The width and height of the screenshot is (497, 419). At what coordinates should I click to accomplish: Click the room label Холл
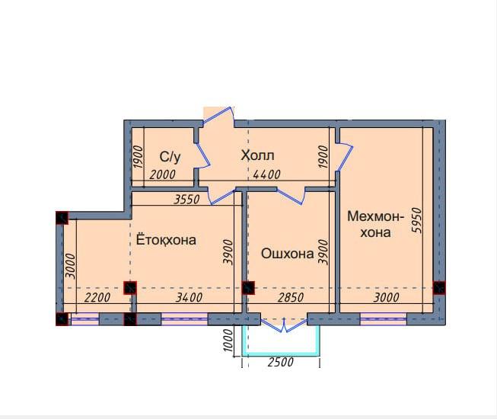point(257,155)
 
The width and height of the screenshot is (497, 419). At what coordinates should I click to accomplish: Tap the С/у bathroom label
point(170,157)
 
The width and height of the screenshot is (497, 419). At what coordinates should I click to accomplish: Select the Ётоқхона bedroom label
point(166,239)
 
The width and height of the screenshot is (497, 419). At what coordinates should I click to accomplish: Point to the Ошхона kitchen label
point(288,254)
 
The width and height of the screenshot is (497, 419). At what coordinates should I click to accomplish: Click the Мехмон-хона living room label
point(375,224)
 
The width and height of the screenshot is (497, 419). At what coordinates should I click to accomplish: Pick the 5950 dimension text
point(419,220)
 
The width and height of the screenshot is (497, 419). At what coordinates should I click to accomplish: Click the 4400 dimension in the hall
point(266,174)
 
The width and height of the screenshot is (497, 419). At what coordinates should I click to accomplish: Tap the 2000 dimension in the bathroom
point(162,174)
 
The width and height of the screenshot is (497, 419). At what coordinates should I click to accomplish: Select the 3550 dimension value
point(187,199)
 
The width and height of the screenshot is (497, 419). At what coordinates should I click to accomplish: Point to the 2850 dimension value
point(291,297)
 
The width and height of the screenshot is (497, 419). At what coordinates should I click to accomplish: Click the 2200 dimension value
point(97,297)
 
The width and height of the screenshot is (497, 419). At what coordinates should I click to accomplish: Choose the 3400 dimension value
point(189,297)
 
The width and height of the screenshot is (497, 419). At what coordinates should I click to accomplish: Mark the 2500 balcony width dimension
point(281,362)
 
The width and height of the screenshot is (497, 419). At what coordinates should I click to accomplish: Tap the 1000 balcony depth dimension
point(228,340)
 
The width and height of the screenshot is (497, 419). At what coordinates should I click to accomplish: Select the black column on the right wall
point(439,288)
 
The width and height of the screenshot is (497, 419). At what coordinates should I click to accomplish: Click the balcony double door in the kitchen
point(284,325)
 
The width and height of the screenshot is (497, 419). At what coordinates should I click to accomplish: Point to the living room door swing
point(345,158)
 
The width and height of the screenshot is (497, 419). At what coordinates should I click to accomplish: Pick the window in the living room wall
point(383,319)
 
